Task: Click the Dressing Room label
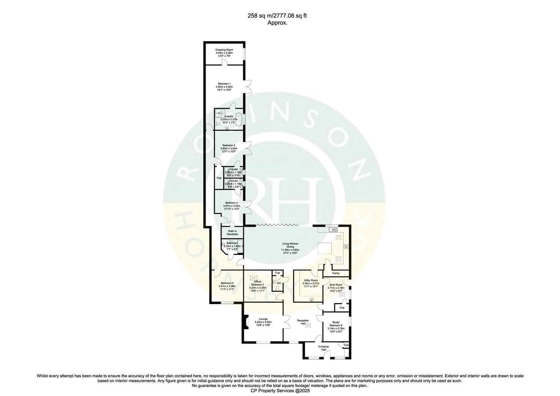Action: (224, 49)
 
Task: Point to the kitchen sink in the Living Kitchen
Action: (334, 230)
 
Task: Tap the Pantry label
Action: (336, 273)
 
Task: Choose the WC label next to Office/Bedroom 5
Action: (279, 283)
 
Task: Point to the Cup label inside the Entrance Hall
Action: (346, 345)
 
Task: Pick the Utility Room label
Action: (311, 280)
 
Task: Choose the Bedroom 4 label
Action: (227, 283)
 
